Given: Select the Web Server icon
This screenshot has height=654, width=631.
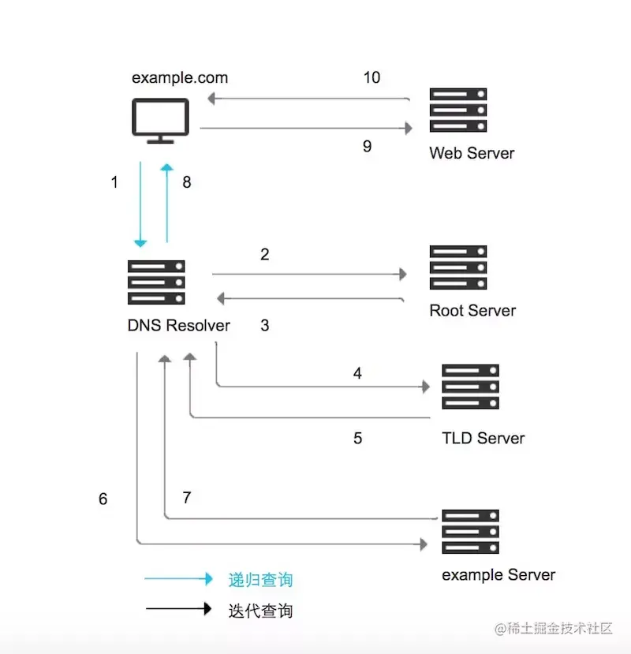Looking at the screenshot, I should tap(458, 110).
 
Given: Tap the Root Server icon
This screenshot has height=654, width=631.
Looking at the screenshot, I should tap(458, 267).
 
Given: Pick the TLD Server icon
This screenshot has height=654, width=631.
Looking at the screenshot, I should tap(471, 387).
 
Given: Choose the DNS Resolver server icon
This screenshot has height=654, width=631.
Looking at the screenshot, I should tap(156, 282).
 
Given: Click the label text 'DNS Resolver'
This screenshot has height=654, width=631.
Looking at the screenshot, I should tap(179, 325).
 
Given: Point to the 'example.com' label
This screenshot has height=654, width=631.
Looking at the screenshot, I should tap(180, 77).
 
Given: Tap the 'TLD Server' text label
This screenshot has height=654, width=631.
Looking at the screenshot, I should tap(484, 438).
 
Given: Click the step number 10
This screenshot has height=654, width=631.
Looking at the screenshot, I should tap(372, 77).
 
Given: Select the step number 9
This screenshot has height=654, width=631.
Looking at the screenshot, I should tap(367, 147).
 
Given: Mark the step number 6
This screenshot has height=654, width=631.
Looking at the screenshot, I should tap(103, 499).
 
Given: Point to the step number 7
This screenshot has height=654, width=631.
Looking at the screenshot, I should tap(187, 498).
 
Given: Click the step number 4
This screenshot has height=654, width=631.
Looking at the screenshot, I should tap(357, 374).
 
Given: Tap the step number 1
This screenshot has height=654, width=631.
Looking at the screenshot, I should tap(114, 182).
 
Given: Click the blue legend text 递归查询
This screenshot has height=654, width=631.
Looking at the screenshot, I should tap(260, 580).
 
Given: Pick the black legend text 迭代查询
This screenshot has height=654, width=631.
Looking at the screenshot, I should tap(260, 611).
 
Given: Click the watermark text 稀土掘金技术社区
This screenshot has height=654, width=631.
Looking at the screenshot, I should tap(562, 629).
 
